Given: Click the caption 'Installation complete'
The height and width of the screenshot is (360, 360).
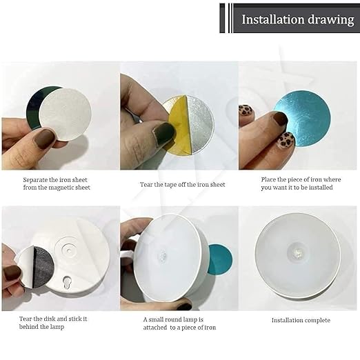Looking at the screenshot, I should click(300, 320).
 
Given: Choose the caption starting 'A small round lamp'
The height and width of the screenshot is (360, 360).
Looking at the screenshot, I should click(179, 323).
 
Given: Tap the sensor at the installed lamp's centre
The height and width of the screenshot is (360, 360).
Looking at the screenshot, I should click(298, 252).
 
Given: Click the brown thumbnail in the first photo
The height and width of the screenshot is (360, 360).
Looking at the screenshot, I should click(45, 139).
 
